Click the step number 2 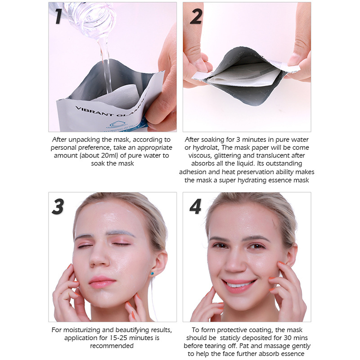196,16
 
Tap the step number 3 58,206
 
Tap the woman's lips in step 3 103,283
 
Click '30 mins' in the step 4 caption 295,337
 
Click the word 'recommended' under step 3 112,346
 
